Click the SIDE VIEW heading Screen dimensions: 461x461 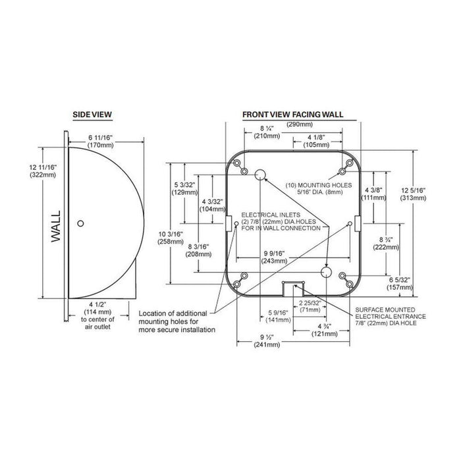click(x=92, y=115)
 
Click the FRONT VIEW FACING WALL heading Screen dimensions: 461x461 click(x=293, y=115)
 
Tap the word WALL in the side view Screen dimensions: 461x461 click(x=55, y=227)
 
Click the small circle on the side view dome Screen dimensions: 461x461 click(x=80, y=223)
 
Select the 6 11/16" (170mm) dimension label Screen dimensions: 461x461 click(x=101, y=141)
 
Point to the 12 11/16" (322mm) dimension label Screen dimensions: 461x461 click(x=43, y=171)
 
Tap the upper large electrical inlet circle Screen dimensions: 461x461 click(x=260, y=175)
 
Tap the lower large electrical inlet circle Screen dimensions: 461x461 click(x=326, y=272)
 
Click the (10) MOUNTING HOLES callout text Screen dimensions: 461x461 click(x=319, y=189)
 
